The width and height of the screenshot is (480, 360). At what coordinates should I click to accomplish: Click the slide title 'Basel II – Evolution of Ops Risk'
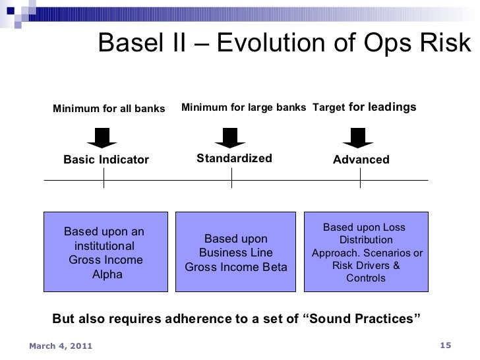click(285, 45)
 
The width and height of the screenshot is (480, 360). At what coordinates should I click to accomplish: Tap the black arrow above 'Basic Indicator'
click(103, 136)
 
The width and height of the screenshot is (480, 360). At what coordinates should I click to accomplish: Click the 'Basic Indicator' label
click(106, 160)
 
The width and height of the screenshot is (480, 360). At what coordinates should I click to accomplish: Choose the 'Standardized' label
click(234, 158)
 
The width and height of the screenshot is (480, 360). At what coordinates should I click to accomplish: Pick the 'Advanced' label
click(361, 160)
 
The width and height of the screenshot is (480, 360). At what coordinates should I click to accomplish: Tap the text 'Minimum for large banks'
click(243, 107)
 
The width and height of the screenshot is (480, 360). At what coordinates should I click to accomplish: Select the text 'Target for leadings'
click(364, 106)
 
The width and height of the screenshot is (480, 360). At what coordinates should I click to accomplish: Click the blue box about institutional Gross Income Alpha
click(105, 251)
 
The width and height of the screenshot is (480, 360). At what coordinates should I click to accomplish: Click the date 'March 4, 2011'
click(61, 346)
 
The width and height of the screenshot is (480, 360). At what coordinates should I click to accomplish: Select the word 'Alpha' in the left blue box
click(107, 274)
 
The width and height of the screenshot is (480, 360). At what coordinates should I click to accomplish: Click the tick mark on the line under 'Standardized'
click(232, 180)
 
